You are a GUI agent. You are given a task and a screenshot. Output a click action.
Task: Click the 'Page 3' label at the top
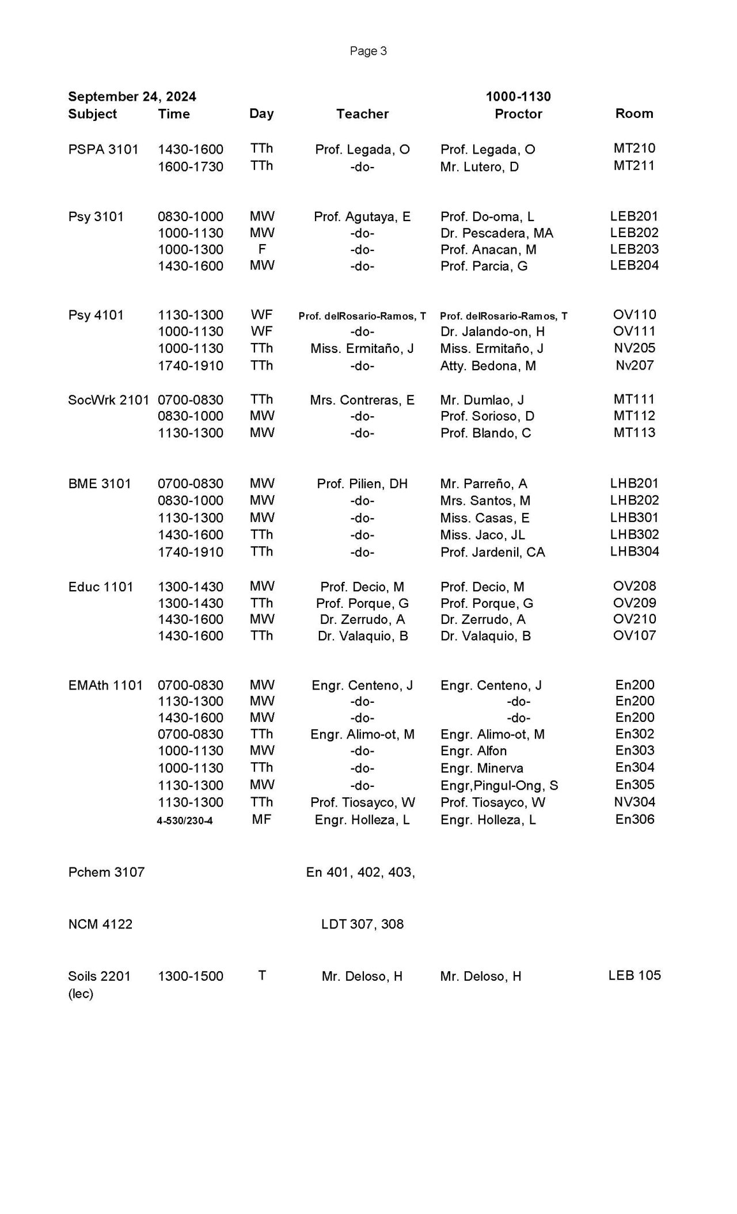click(x=368, y=51)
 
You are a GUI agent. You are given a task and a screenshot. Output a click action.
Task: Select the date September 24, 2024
click(x=132, y=96)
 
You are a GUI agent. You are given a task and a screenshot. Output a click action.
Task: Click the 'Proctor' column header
click(x=518, y=114)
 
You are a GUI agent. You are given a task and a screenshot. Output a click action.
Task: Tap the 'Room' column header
click(x=634, y=113)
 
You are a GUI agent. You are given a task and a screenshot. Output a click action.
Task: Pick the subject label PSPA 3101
click(x=103, y=150)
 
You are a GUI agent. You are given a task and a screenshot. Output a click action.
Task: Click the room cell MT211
click(x=634, y=166)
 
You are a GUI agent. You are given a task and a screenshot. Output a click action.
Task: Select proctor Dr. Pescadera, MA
click(x=496, y=233)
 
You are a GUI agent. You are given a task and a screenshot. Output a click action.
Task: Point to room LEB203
click(x=634, y=249)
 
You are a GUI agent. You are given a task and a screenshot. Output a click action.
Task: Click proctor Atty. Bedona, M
click(x=488, y=366)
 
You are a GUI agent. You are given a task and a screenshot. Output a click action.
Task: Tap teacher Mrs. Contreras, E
click(x=362, y=400)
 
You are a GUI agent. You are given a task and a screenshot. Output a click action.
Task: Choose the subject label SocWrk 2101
click(x=108, y=400)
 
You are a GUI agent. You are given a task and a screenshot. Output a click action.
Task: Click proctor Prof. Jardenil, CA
click(x=492, y=552)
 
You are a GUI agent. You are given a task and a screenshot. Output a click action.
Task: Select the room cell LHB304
click(x=635, y=551)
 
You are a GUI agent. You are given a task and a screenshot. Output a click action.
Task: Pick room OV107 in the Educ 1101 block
click(x=634, y=635)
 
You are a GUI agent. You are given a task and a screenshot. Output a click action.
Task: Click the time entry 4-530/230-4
click(x=185, y=821)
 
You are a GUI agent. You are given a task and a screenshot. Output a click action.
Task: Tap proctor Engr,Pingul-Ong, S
click(x=499, y=786)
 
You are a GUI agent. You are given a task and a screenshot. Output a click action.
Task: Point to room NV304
click(x=634, y=802)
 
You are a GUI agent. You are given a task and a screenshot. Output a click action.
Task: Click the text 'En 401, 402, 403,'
click(x=360, y=872)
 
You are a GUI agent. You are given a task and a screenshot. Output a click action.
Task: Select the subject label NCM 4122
click(x=100, y=924)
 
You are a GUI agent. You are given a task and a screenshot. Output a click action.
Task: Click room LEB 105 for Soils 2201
click(x=634, y=975)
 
